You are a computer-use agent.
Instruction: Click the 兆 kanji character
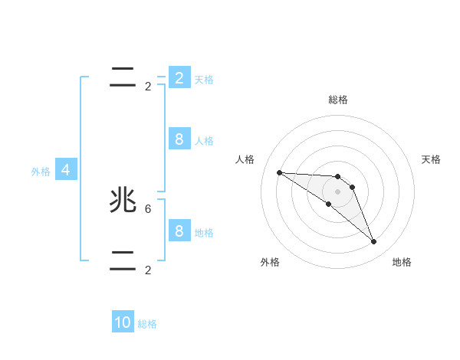pyautogui.click(x=123, y=201)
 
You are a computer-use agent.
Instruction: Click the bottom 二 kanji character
pyautogui.click(x=123, y=260)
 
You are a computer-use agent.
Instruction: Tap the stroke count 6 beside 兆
pyautogui.click(x=148, y=208)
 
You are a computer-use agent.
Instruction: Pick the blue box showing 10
pyautogui.click(x=123, y=322)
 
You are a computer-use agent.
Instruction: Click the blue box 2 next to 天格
pyautogui.click(x=179, y=78)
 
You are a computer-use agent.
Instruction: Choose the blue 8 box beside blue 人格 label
pyautogui.click(x=179, y=139)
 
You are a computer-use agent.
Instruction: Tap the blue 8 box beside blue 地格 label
pyautogui.click(x=179, y=231)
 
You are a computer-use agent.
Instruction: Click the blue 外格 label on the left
pyautogui.click(x=41, y=172)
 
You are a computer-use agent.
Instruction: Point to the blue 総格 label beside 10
pyautogui.click(x=147, y=324)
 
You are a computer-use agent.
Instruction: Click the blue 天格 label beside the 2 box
pyautogui.click(x=204, y=79)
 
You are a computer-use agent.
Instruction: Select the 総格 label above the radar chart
pyautogui.click(x=338, y=100)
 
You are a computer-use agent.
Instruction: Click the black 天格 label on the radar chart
pyautogui.click(x=432, y=159)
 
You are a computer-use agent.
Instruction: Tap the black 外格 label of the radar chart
pyautogui.click(x=270, y=262)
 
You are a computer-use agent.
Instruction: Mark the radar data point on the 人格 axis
pyautogui.click(x=279, y=172)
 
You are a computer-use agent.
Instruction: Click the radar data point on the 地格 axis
pyautogui.click(x=374, y=242)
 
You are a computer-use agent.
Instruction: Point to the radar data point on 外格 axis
pyautogui.click(x=329, y=204)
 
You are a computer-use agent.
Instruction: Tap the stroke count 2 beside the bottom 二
pyautogui.click(x=148, y=270)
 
